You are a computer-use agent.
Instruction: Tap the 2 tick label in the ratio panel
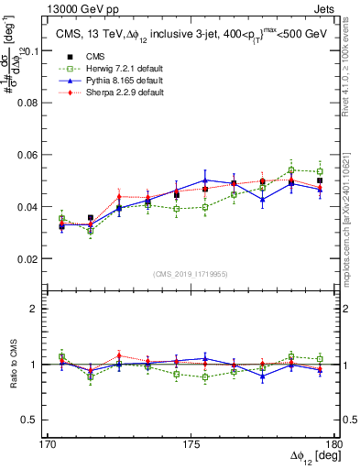(x=43, y=309)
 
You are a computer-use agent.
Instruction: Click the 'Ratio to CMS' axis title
(x=14, y=366)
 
